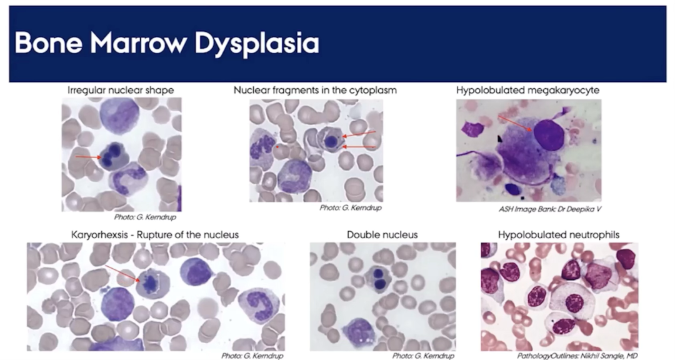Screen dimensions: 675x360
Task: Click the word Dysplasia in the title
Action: pyautogui.click(x=257, y=44)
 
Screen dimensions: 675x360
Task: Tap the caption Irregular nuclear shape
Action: pyautogui.click(x=121, y=90)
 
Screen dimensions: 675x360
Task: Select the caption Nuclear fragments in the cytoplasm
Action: pyautogui.click(x=315, y=90)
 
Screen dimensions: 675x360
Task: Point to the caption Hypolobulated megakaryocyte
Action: pyautogui.click(x=527, y=90)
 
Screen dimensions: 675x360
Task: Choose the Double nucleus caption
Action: pyautogui.click(x=382, y=235)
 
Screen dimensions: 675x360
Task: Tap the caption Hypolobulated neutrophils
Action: pyautogui.click(x=559, y=235)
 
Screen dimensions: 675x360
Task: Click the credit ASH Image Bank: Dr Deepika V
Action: pyautogui.click(x=550, y=209)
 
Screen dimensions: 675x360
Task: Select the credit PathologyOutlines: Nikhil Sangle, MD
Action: pyautogui.click(x=577, y=356)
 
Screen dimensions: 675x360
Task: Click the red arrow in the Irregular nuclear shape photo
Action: pyautogui.click(x=88, y=157)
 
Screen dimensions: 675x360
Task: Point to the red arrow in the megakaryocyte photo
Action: pyautogui.click(x=516, y=123)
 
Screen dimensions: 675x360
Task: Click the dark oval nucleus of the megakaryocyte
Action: pyautogui.click(x=549, y=135)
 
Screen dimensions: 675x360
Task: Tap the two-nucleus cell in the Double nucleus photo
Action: pyautogui.click(x=379, y=279)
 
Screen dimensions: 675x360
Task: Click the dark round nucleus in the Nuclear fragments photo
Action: pyautogui.click(x=331, y=141)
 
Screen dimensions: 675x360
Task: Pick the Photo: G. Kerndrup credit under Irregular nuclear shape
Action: pyautogui.click(x=145, y=217)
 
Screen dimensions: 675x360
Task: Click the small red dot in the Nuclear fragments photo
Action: pyautogui.click(x=277, y=147)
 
